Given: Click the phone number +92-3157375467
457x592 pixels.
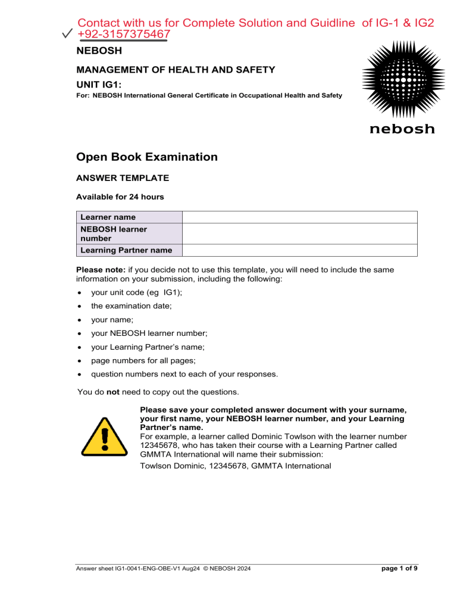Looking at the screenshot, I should pyautogui.click(x=124, y=36).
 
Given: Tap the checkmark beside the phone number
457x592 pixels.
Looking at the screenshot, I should pyautogui.click(x=68, y=36).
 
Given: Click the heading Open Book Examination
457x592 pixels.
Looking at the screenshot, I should pyautogui.click(x=147, y=157).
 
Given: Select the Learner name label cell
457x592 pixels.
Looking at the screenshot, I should pyautogui.click(x=129, y=217).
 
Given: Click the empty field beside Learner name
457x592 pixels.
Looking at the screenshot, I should pyautogui.click(x=299, y=217).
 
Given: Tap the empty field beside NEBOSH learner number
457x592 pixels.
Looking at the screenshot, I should pyautogui.click(x=299, y=233).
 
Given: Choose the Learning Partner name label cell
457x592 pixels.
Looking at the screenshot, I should pyautogui.click(x=129, y=250).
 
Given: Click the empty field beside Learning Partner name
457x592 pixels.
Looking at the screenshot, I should pyautogui.click(x=299, y=250).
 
